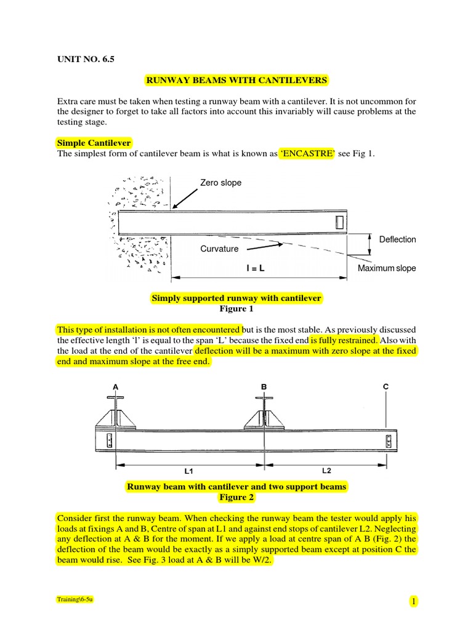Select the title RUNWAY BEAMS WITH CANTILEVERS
click(x=236, y=80)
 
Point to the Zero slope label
click(x=220, y=183)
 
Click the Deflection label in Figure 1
click(x=397, y=239)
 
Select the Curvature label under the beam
click(x=219, y=249)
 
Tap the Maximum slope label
click(x=387, y=268)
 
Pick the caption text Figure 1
click(x=236, y=309)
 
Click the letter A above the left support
click(x=115, y=386)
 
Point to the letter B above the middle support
click(x=264, y=386)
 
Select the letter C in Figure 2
click(x=386, y=386)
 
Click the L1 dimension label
click(x=188, y=471)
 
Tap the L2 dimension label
click(x=326, y=471)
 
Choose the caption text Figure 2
click(x=236, y=497)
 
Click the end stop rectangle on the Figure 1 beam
click(x=340, y=223)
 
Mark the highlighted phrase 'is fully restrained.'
click(x=344, y=340)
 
